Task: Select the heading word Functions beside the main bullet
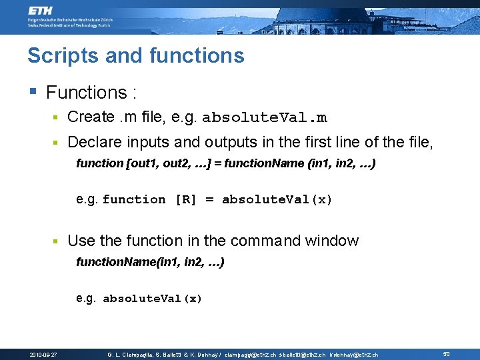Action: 86,93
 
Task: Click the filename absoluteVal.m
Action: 265,118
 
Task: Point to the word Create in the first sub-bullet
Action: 91,117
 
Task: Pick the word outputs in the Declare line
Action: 230,142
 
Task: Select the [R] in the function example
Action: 185,199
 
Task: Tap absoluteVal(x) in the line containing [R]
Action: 277,199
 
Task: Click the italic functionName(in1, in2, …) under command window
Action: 151,263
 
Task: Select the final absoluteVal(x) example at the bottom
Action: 152,299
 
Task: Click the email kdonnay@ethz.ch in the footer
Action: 354,355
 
